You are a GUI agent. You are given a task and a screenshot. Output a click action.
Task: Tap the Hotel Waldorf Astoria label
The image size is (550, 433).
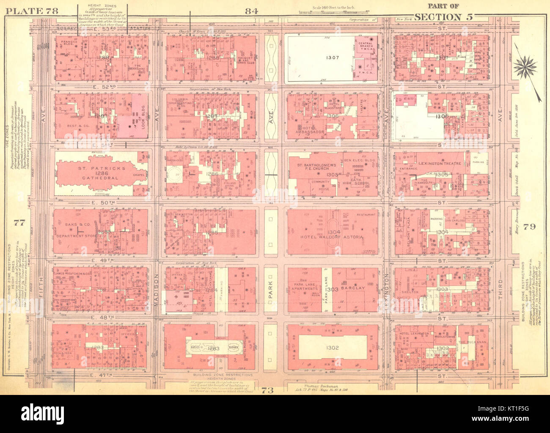pyautogui.click(x=332, y=237)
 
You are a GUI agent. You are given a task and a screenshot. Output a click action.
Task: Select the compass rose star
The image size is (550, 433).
pyautogui.click(x=526, y=66)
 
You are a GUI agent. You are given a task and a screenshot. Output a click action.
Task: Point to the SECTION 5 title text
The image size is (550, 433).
pyautogui.click(x=444, y=17)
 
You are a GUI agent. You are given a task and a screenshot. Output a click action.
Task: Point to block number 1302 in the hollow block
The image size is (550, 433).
pyautogui.click(x=333, y=348)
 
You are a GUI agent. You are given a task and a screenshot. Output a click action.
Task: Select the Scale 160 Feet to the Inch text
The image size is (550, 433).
pyautogui.click(x=334, y=7)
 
